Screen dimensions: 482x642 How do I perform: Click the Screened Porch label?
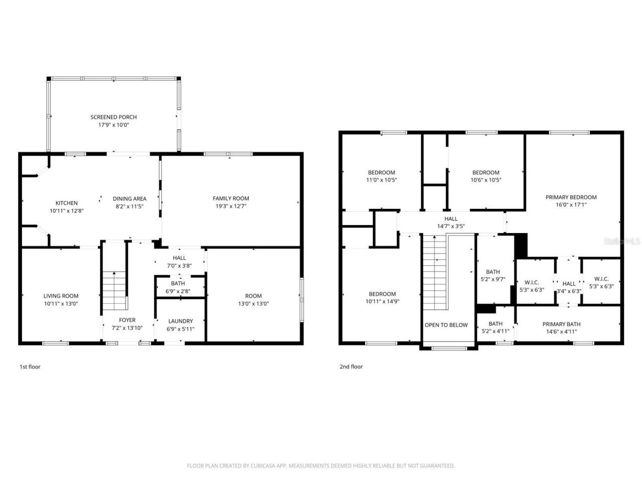[113, 117]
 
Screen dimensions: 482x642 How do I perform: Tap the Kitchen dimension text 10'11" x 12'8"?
[66, 211]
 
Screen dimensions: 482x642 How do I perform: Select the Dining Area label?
[129, 199]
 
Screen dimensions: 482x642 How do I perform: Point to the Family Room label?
[231, 198]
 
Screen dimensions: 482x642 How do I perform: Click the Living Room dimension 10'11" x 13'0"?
[61, 303]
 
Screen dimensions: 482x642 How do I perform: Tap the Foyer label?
[127, 320]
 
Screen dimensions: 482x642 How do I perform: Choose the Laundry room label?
[181, 321]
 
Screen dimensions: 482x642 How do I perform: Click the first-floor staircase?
[115, 291]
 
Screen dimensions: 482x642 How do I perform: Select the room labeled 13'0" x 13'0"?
[253, 303]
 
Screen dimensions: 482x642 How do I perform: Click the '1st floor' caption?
[30, 367]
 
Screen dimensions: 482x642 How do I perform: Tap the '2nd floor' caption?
[351, 367]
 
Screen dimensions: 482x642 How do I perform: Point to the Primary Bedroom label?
[571, 197]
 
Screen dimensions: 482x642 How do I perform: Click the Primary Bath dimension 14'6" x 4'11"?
[561, 331]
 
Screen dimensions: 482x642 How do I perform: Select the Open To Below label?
[446, 325]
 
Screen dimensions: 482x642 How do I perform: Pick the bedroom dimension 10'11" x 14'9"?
[382, 301]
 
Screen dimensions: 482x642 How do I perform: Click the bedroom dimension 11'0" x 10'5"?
[381, 180]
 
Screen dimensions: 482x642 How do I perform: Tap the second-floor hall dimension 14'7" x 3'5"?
[450, 226]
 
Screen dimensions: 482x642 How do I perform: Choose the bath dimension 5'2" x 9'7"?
[493, 279]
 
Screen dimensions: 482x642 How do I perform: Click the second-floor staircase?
[434, 274]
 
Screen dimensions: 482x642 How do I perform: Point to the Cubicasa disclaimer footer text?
[320, 465]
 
